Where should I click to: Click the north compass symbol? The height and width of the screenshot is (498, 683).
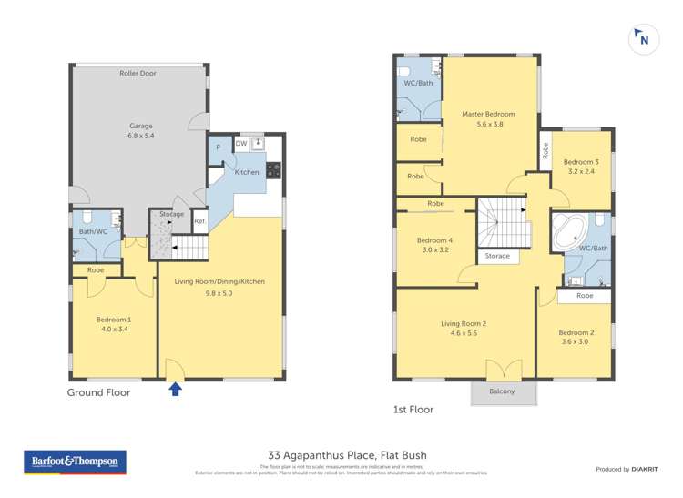click(643, 39)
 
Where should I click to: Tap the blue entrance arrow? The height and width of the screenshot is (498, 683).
click(175, 390)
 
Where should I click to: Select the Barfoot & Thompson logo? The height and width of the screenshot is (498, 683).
click(75, 462)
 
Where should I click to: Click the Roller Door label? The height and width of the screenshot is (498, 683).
click(138, 73)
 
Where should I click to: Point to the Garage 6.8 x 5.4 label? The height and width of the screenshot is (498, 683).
click(140, 130)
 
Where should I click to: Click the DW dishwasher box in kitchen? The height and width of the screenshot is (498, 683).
click(240, 144)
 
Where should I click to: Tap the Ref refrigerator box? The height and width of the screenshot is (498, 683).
click(199, 221)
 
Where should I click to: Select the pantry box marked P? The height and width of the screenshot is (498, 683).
click(218, 148)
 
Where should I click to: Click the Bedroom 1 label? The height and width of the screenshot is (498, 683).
click(114, 320)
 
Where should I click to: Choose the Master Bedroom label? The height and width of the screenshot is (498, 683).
click(488, 114)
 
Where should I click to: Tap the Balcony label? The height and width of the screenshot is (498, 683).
click(502, 391)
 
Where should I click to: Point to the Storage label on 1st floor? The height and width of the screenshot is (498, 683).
click(497, 257)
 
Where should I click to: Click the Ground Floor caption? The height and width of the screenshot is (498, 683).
click(98, 392)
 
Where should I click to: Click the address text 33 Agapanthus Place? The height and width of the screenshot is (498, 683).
click(347, 455)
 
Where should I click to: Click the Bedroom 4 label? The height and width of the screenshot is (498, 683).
click(434, 240)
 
